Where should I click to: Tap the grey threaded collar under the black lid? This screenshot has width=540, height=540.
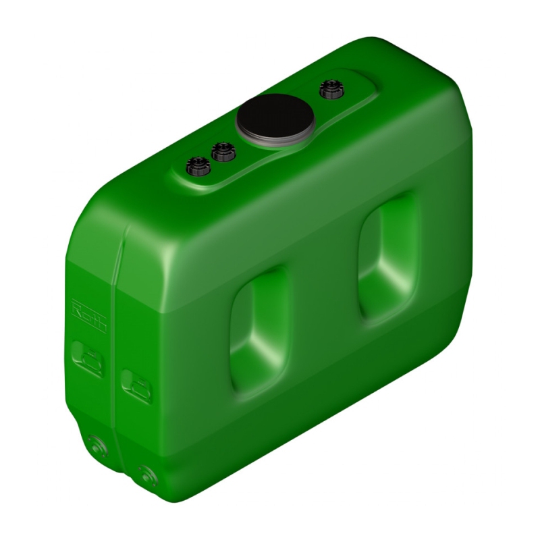pos(275,140)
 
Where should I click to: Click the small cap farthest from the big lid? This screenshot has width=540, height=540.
pos(198,165)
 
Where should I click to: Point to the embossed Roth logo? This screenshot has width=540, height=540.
pos(89,315)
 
